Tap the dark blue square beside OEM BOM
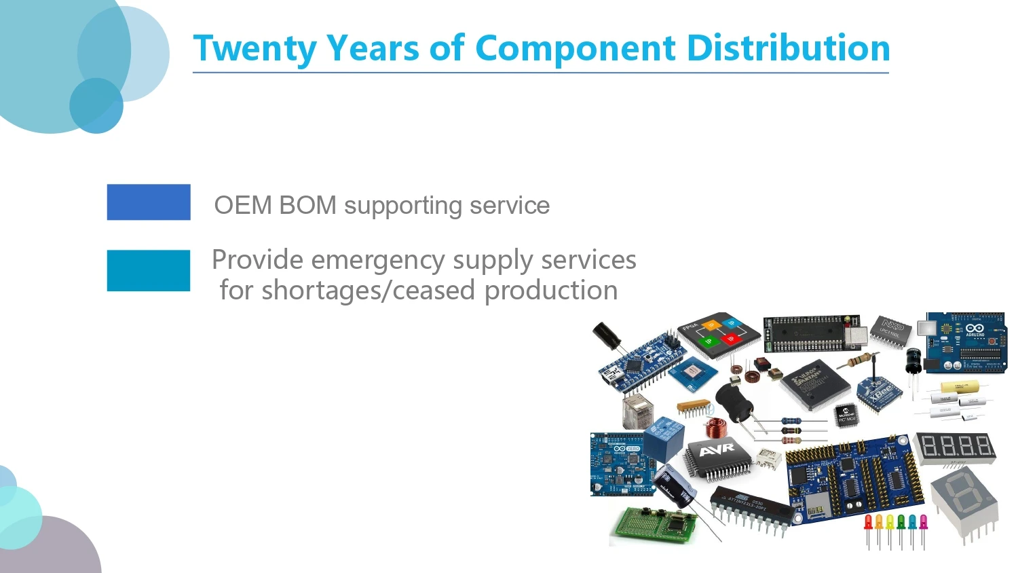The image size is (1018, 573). [x=149, y=202]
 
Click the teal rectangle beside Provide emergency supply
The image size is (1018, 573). [x=149, y=270]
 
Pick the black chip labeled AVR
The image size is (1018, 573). [x=717, y=456]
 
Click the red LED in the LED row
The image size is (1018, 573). [x=868, y=523]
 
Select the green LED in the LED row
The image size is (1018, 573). [x=901, y=523]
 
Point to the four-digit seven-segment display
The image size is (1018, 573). [x=956, y=447]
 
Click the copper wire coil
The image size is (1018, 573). [x=715, y=428]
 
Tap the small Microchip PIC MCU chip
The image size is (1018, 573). [x=846, y=415]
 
